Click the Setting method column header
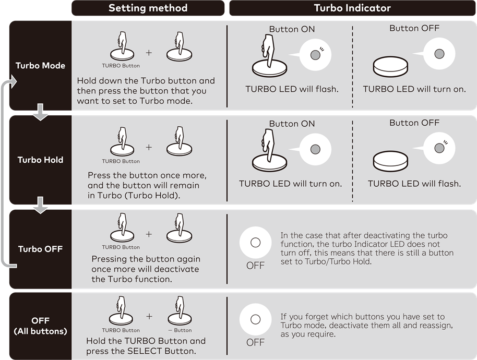click(x=148, y=8)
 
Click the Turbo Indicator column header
click(x=352, y=8)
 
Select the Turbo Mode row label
click(x=40, y=66)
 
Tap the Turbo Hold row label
click(x=40, y=160)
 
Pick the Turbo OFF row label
click(x=40, y=249)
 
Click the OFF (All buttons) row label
click(x=40, y=326)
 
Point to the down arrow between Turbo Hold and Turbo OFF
click(x=40, y=207)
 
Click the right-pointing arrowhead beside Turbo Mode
click(x=14, y=81)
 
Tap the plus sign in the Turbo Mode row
click(x=149, y=53)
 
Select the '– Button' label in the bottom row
click(x=180, y=330)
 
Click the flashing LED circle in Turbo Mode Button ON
click(x=315, y=55)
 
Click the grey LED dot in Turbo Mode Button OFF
click(x=439, y=54)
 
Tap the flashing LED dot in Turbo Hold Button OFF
click(x=439, y=148)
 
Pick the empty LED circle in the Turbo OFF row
click(x=255, y=243)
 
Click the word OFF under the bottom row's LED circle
click(x=255, y=343)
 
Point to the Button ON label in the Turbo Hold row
click(x=292, y=124)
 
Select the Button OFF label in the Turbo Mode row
click(x=414, y=28)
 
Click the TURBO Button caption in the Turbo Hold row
click(x=121, y=161)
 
